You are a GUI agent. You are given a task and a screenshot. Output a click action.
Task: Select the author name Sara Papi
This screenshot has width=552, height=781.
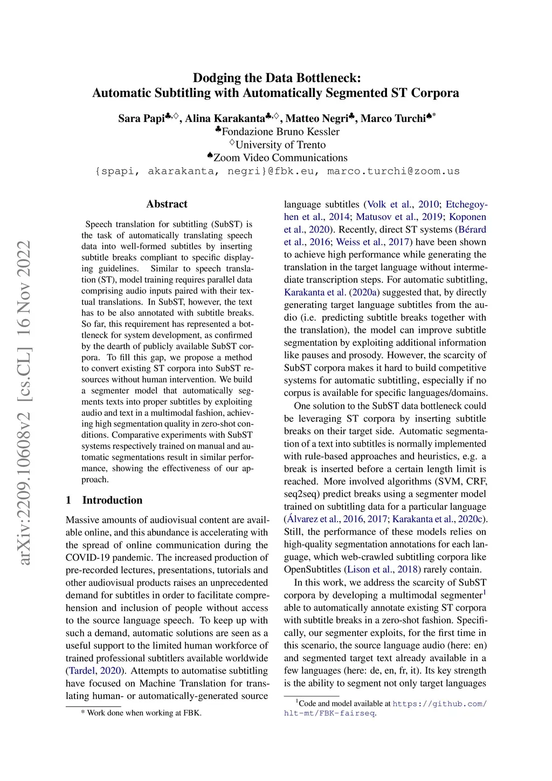click(141, 119)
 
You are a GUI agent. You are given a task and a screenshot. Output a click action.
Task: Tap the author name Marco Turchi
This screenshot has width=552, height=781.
click(393, 119)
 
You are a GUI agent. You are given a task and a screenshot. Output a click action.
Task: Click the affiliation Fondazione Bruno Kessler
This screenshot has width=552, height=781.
click(280, 132)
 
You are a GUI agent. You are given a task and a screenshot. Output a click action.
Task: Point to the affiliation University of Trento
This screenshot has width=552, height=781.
click(280, 145)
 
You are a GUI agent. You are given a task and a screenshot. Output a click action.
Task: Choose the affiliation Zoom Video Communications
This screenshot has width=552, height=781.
click(280, 158)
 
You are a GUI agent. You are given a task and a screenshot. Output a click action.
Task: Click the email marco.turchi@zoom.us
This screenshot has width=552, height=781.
click(393, 172)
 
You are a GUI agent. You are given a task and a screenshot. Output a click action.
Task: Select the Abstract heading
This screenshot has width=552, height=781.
click(167, 204)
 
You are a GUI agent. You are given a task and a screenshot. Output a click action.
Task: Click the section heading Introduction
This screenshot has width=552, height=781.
click(112, 500)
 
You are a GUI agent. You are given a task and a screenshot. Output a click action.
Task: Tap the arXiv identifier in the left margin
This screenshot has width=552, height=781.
click(24, 402)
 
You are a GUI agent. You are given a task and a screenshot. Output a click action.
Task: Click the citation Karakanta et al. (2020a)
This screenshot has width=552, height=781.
click(332, 292)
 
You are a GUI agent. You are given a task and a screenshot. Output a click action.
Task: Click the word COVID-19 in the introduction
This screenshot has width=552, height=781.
click(91, 558)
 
